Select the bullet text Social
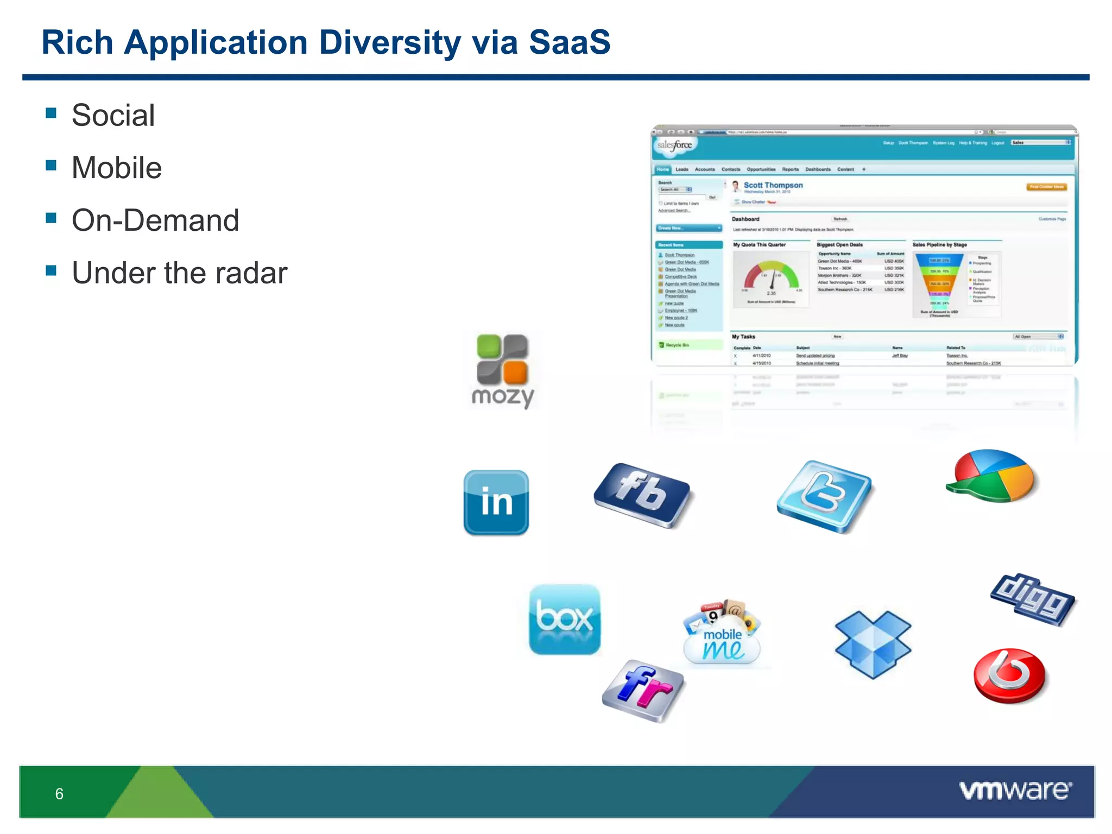(113, 115)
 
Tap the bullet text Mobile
(117, 168)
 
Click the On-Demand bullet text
(155, 220)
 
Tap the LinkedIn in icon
(496, 502)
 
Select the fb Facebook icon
(642, 495)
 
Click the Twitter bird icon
(824, 496)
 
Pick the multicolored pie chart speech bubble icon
(993, 476)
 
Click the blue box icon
(565, 620)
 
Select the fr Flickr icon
(643, 690)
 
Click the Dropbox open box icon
(873, 644)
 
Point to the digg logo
(1032, 599)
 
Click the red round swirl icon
(1009, 675)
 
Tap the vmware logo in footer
(1015, 790)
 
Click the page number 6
(59, 794)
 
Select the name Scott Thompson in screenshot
(773, 185)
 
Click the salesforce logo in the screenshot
(674, 145)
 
